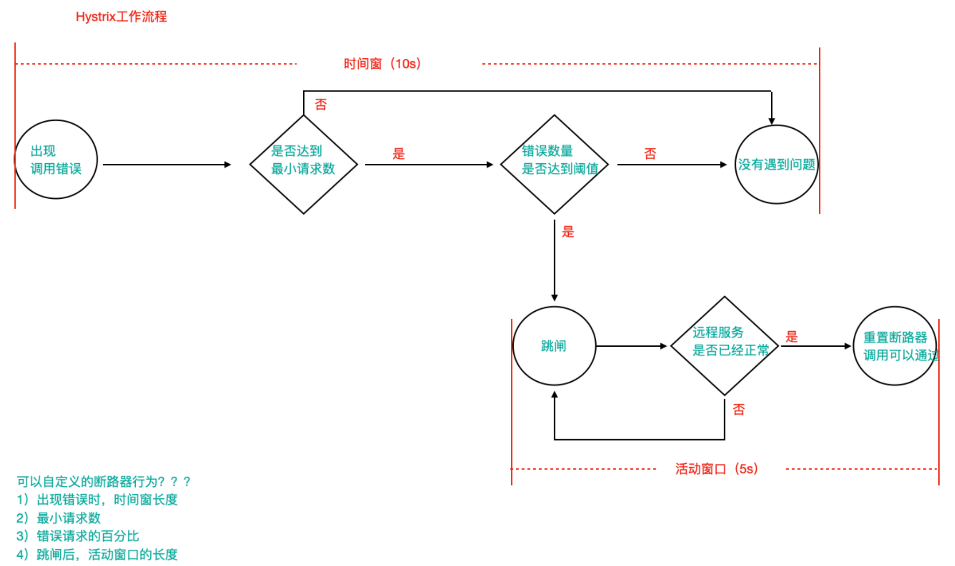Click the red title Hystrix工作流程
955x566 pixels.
121,17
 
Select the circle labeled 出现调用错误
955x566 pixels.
56,160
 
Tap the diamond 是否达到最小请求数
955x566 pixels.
303,164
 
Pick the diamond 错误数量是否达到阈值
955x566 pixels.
554,164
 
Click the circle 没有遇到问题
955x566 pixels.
776,164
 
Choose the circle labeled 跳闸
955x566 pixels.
554,346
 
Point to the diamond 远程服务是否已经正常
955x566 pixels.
725,346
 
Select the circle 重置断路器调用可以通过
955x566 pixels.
895,346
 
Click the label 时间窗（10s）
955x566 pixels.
382,63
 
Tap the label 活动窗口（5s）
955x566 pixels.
717,468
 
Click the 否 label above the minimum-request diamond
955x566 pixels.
321,105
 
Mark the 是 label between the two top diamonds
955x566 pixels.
398,154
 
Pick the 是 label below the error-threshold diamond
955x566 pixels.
568,231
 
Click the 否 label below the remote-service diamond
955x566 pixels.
739,410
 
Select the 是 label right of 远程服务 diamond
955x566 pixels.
791,336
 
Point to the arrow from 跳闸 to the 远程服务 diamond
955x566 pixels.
631,346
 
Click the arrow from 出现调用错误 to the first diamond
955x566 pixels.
167,165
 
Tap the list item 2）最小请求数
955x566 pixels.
59,518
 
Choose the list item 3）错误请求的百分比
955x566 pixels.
78,536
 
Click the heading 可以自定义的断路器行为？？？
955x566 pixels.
104,482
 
